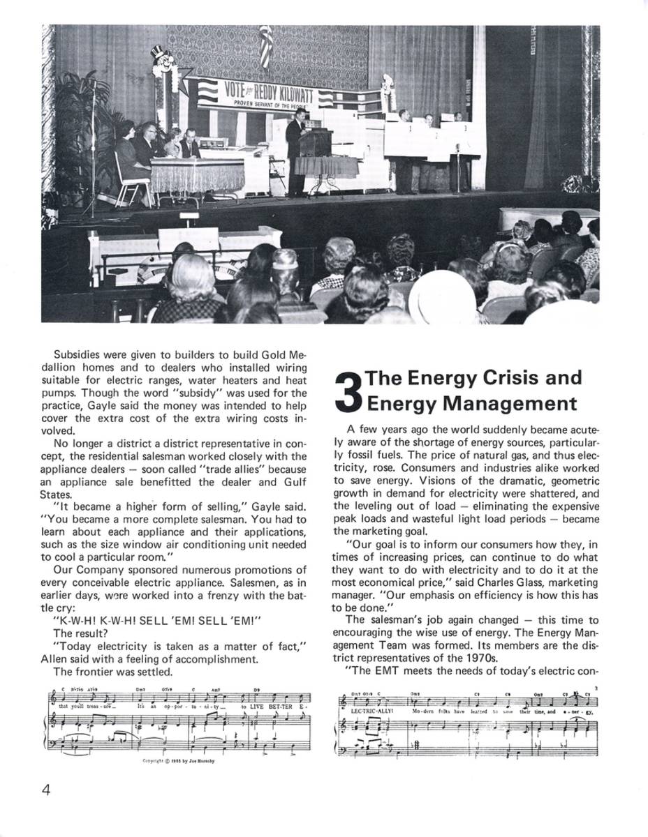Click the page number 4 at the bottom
click(x=46, y=791)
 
